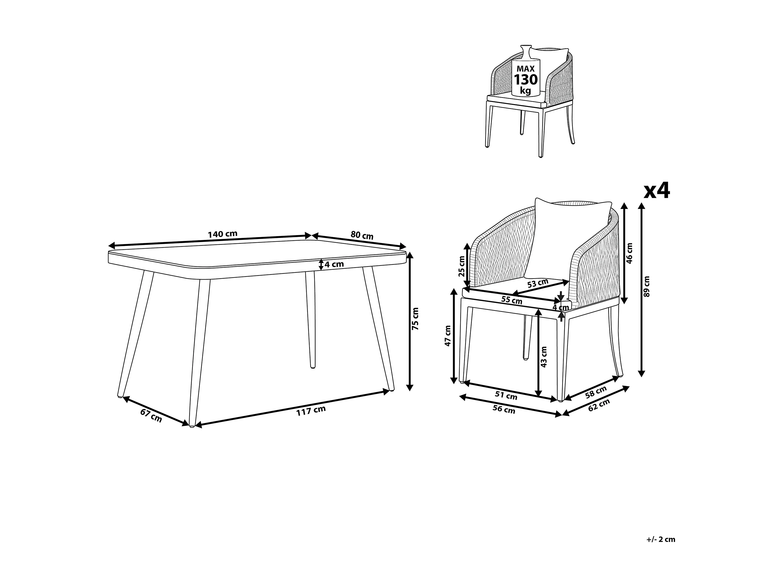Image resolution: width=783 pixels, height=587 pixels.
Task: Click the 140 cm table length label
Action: click(x=222, y=234)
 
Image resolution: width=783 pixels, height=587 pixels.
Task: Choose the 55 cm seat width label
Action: click(x=512, y=300)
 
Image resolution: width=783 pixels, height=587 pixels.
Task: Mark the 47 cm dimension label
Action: click(x=448, y=335)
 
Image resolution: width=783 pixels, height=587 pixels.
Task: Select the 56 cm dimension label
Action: click(x=504, y=409)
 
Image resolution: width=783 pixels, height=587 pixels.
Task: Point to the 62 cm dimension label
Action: click(x=599, y=405)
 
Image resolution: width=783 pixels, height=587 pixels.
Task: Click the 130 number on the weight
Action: click(x=525, y=80)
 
